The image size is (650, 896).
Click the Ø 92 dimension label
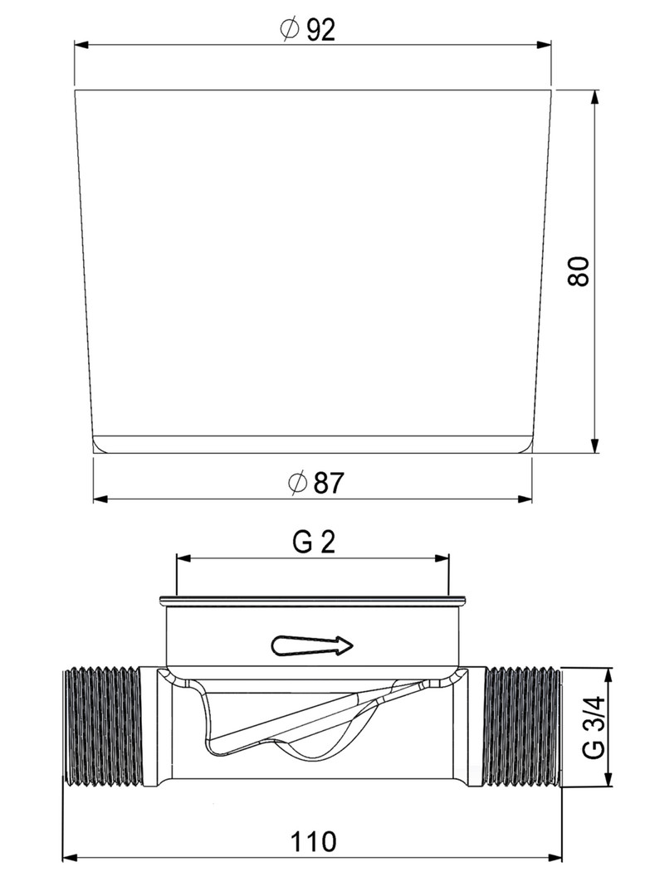[x=307, y=30]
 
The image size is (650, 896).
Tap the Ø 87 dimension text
[x=315, y=484]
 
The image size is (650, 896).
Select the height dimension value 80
[x=579, y=271]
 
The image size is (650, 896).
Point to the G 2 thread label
[x=314, y=543]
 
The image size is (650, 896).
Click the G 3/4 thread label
[x=594, y=726]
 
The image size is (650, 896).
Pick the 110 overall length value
[x=314, y=841]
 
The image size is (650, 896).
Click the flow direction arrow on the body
[x=312, y=645]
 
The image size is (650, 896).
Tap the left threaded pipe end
[x=102, y=726]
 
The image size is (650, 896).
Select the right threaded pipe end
[x=523, y=726]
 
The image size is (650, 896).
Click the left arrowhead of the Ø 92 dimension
[x=81, y=44]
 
